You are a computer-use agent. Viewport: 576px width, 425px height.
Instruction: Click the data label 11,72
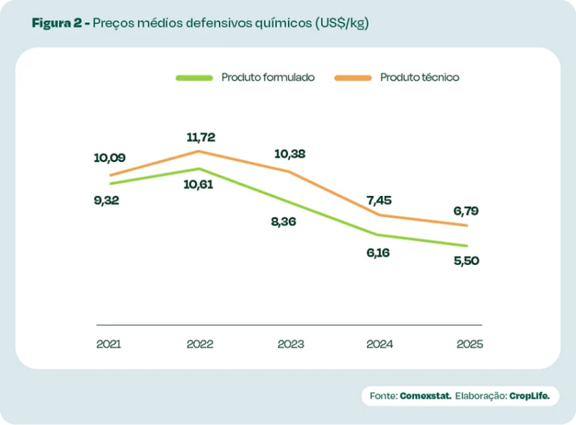[200, 137]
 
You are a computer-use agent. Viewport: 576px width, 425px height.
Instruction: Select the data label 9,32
[107, 200]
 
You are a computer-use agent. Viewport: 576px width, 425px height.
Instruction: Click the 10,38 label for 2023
[290, 153]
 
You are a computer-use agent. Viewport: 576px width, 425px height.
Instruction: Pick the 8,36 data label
[283, 221]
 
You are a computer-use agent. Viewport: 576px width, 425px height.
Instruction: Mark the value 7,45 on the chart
[378, 200]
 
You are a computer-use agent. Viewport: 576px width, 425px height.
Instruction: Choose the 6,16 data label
[377, 253]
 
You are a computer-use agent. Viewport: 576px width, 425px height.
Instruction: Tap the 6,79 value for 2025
[466, 211]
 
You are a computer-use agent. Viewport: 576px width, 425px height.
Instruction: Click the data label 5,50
[466, 260]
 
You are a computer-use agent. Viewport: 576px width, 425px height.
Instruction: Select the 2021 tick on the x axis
[109, 344]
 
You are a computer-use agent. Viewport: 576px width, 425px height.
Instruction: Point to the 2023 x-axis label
[290, 344]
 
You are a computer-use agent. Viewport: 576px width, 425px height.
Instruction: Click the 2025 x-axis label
[469, 344]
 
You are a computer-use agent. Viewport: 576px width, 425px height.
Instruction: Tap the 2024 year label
[379, 344]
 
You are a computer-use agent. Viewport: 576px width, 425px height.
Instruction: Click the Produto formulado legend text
[268, 78]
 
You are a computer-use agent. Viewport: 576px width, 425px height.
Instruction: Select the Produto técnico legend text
[420, 78]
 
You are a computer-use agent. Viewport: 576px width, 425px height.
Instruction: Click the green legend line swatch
[194, 78]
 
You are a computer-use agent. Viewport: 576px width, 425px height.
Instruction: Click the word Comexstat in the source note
[426, 395]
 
